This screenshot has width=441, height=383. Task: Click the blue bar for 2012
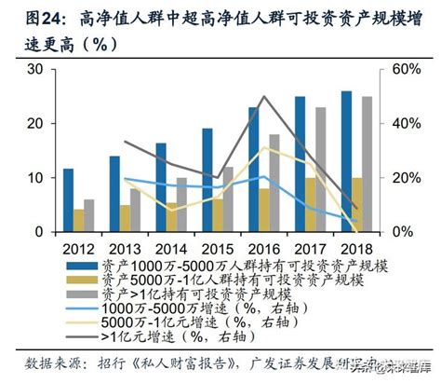pos(68,199)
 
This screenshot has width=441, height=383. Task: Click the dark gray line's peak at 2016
pos(263,96)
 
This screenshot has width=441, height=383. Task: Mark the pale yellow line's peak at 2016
pos(263,147)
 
